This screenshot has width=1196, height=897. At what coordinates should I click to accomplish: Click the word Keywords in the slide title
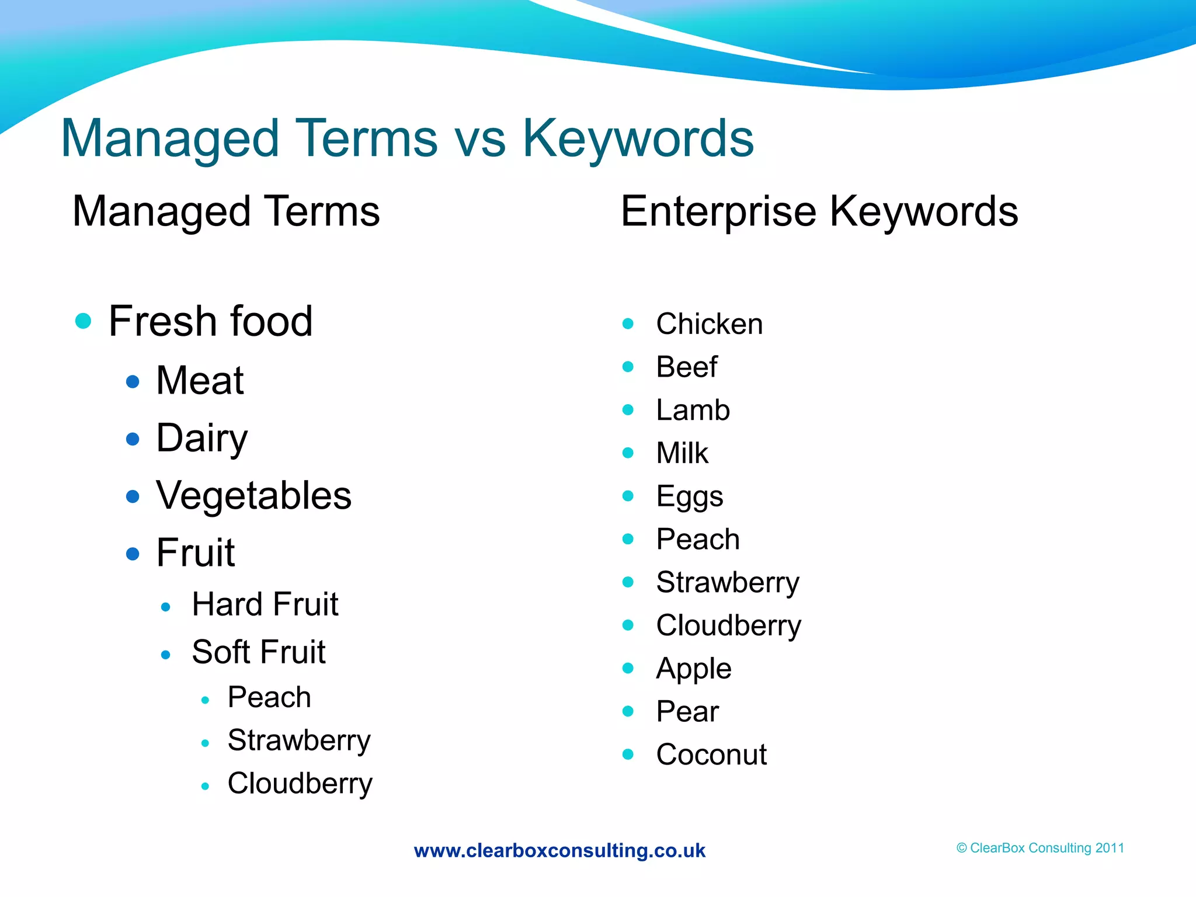tap(638, 138)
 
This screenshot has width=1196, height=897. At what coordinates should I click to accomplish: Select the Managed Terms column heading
tap(226, 211)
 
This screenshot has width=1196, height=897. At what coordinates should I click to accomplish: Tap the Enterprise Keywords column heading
tap(819, 211)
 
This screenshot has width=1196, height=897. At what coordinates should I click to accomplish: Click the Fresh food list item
tap(210, 321)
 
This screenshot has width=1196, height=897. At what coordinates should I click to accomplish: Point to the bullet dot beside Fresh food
tap(84, 321)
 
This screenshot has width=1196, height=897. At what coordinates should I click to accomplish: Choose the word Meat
tap(200, 381)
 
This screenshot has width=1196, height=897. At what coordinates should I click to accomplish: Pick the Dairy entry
tap(202, 438)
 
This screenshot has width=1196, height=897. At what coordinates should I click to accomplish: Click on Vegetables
tap(253, 496)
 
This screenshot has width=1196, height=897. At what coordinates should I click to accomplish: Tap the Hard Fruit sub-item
tap(265, 604)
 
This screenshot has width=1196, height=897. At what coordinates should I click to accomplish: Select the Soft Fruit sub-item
tap(258, 652)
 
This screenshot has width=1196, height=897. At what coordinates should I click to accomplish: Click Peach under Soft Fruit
tap(269, 697)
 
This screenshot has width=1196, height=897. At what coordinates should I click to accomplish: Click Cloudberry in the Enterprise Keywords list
tap(728, 625)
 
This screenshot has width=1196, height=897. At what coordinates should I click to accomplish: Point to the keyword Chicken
tap(709, 324)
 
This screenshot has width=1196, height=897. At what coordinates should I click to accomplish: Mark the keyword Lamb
tap(693, 410)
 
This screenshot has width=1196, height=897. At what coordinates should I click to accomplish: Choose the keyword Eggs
tap(689, 497)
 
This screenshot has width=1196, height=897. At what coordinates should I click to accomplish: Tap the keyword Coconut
tap(711, 755)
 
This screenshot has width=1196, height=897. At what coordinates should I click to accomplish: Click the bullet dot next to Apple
tap(628, 668)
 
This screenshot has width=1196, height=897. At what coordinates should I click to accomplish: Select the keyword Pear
tap(687, 712)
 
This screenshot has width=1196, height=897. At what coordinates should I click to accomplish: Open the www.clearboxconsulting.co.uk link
tap(559, 850)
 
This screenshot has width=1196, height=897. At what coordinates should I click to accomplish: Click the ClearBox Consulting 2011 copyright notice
tap(1040, 848)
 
